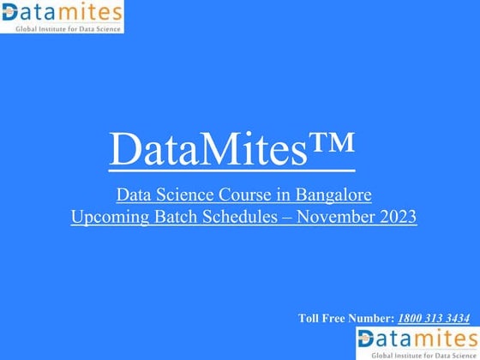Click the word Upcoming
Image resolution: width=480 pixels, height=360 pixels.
point(107,217)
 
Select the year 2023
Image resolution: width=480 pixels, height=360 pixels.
point(397,217)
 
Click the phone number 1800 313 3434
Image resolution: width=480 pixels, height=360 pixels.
point(433,319)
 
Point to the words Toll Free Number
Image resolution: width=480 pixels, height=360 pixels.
point(345,319)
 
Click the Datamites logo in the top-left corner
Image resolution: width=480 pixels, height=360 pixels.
point(62,16)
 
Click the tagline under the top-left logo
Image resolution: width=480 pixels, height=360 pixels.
point(68,28)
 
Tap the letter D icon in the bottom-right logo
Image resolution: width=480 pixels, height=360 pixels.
point(366,339)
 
